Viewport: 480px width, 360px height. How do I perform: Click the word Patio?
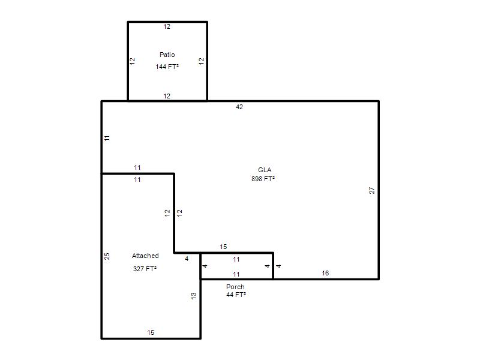[x=167, y=55]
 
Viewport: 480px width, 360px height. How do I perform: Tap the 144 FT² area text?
[x=167, y=67]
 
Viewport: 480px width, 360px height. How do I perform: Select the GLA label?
[x=265, y=170]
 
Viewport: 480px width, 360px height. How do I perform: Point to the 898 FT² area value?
[x=263, y=179]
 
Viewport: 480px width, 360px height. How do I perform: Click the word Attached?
[x=145, y=256]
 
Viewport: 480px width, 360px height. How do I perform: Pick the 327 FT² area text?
[x=145, y=269]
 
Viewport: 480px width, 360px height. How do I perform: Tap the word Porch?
[x=235, y=287]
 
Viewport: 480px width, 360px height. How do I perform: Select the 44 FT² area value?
[x=236, y=295]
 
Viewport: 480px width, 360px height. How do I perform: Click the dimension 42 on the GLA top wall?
[x=239, y=107]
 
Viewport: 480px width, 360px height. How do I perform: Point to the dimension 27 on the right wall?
[x=371, y=190]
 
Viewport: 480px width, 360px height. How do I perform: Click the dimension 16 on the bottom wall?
[x=325, y=273]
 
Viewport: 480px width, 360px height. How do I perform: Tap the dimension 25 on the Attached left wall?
[x=107, y=256]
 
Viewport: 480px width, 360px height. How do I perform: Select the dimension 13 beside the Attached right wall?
[x=193, y=296]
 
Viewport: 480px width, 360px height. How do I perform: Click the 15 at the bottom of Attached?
[x=151, y=332]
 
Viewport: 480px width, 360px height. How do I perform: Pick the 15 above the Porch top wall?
[x=223, y=247]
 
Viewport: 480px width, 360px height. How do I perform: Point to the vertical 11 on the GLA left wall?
[x=107, y=138]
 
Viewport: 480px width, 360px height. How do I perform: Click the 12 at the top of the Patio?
[x=167, y=26]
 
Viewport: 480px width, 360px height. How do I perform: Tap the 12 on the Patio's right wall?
[x=201, y=61]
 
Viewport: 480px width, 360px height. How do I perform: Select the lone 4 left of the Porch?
[x=187, y=259]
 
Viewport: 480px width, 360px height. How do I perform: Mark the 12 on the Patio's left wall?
[x=132, y=61]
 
